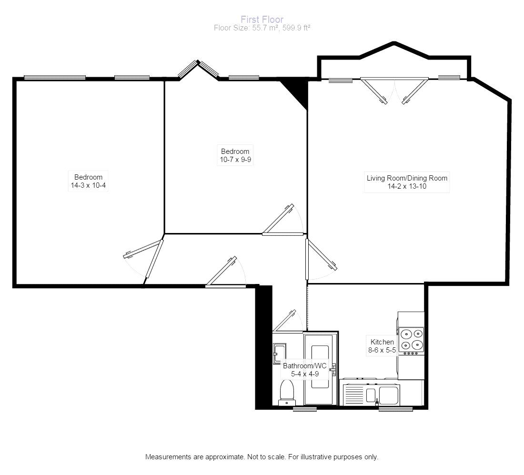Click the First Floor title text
(x=262, y=20)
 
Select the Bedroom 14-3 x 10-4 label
(x=88, y=181)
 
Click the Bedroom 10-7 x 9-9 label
(x=234, y=156)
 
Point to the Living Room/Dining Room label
(x=407, y=182)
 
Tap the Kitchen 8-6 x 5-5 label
(x=382, y=346)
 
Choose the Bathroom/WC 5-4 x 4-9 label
(x=305, y=370)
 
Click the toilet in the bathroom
(x=287, y=392)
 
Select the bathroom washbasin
(x=278, y=353)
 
